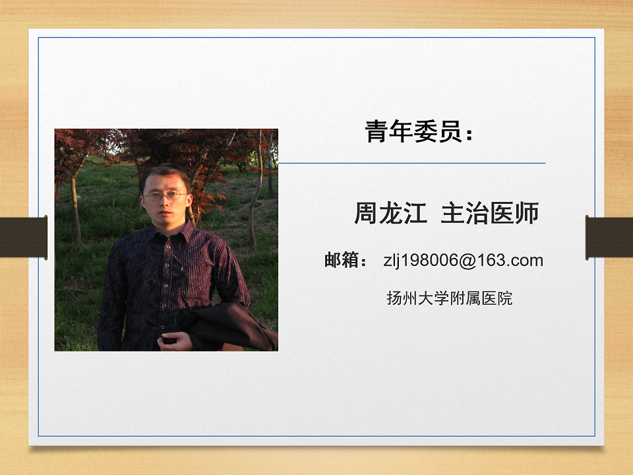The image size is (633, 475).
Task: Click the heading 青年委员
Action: [x=413, y=131]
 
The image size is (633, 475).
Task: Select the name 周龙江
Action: [x=390, y=213]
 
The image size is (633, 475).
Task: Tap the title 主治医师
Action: [x=490, y=213]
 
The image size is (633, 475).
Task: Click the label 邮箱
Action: [x=342, y=260]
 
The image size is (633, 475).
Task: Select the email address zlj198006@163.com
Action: [x=463, y=260]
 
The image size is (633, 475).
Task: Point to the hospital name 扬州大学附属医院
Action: [x=449, y=298]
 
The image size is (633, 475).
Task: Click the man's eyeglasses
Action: [x=165, y=197]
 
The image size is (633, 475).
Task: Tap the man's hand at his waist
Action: [x=173, y=342]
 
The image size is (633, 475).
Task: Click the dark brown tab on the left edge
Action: [x=24, y=237]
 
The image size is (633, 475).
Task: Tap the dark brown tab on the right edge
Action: [x=609, y=237]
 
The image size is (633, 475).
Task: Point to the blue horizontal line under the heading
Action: [x=411, y=163]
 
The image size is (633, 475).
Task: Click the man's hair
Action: [x=165, y=174]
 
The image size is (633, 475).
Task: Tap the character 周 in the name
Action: [x=366, y=213]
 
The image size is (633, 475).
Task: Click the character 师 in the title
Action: [x=527, y=213]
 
